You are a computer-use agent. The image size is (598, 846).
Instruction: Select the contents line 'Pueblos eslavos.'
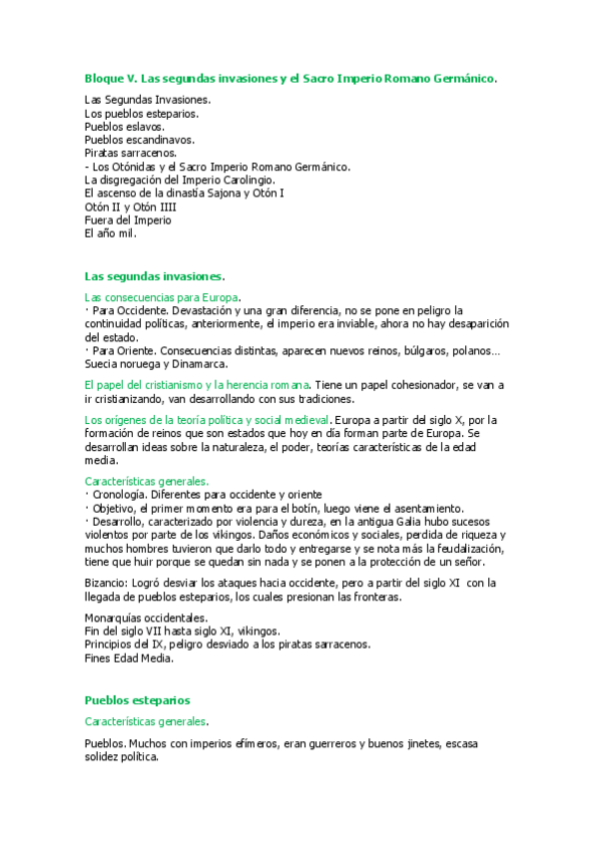point(125,128)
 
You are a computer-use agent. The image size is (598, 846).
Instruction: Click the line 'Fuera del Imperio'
point(128,219)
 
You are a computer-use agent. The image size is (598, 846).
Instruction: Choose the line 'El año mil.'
point(111,233)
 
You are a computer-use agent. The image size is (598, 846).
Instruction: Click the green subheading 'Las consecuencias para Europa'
point(162,297)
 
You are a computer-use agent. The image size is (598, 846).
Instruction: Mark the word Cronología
point(120,494)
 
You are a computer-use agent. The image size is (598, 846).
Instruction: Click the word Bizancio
point(108,583)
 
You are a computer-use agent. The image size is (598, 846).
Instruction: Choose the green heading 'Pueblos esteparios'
point(137,700)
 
